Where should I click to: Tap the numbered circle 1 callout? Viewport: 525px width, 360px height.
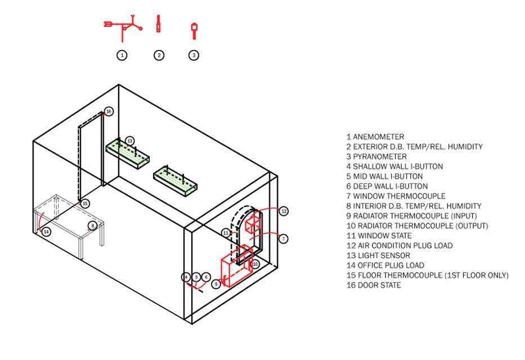pyautogui.click(x=122, y=55)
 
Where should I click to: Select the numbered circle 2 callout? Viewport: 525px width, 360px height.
pyautogui.click(x=159, y=55)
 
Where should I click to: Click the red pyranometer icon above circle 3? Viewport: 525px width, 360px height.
pyautogui.click(x=194, y=30)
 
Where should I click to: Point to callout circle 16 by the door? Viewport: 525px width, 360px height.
pyautogui.click(x=109, y=111)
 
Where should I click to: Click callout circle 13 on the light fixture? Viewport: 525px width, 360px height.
pyautogui.click(x=130, y=141)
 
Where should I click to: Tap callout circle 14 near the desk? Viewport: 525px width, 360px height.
pyautogui.click(x=46, y=231)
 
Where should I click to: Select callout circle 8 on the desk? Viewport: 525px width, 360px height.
pyautogui.click(x=93, y=226)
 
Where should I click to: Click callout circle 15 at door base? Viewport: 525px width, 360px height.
pyautogui.click(x=84, y=204)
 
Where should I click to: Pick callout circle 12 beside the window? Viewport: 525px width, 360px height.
pyautogui.click(x=284, y=211)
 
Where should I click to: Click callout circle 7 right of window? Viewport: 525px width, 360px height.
pyautogui.click(x=284, y=239)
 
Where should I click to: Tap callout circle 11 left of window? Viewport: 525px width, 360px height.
pyautogui.click(x=226, y=232)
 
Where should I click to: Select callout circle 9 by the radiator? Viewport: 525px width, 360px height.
pyautogui.click(x=216, y=285)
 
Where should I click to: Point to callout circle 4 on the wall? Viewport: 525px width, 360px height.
pyautogui.click(x=186, y=277)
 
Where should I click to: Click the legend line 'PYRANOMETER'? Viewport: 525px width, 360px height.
pyautogui.click(x=376, y=156)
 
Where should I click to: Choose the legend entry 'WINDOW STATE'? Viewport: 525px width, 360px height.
pyautogui.click(x=379, y=236)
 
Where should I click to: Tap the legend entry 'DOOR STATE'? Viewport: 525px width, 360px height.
pyautogui.click(x=374, y=285)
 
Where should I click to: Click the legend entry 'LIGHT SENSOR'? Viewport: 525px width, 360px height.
pyautogui.click(x=378, y=255)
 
